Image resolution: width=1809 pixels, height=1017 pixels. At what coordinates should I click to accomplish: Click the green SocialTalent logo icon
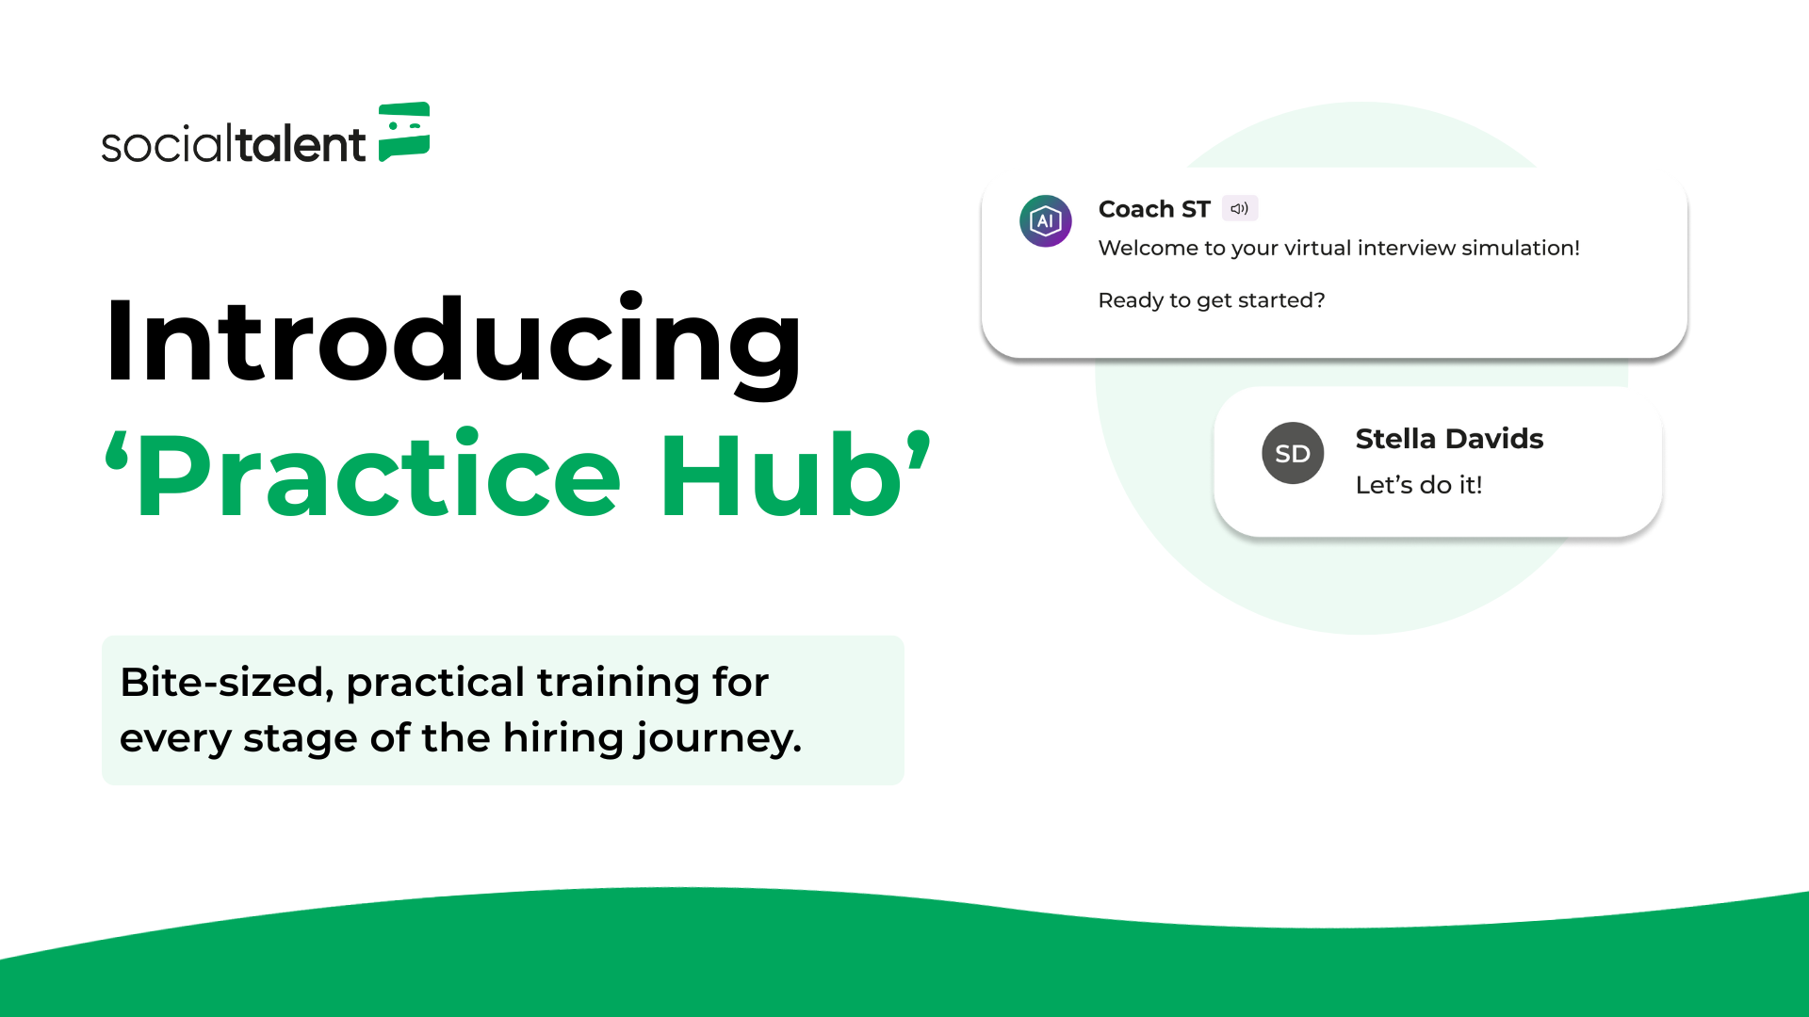404,132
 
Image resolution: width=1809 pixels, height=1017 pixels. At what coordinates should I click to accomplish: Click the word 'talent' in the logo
300,144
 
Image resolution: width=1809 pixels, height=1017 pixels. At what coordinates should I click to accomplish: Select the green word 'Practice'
378,475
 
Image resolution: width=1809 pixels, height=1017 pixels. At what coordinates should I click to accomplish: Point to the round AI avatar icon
1046,221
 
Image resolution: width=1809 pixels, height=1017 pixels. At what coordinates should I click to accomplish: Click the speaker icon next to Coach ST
1240,208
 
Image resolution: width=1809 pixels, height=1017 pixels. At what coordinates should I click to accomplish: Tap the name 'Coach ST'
1154,209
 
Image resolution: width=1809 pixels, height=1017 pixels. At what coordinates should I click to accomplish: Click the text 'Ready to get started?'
1212,300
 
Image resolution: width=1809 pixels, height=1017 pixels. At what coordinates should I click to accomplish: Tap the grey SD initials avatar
1293,453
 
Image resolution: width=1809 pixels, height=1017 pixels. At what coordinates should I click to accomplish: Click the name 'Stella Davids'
1449,439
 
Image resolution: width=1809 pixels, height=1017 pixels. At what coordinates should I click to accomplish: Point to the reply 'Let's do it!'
1419,485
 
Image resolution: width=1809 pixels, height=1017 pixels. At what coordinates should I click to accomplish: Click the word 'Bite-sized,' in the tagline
227,683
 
